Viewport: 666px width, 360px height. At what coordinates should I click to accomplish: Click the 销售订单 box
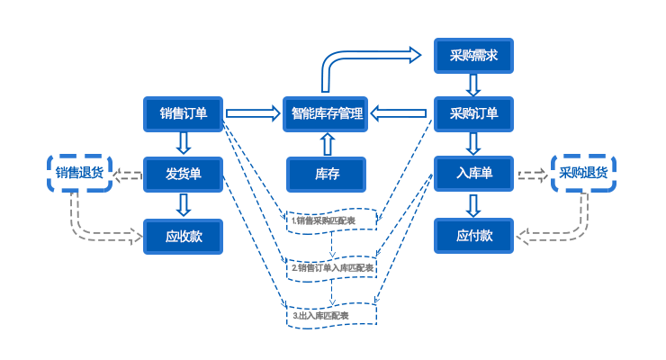(184, 113)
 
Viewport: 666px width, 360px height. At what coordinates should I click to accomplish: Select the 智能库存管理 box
(327, 113)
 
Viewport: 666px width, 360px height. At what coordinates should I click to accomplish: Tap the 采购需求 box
(473, 56)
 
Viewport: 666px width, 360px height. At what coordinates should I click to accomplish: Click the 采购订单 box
(473, 113)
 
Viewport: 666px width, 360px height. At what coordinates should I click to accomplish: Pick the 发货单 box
(184, 174)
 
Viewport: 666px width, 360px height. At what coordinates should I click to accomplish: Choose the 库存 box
(327, 174)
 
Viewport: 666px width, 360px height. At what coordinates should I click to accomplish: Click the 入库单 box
(473, 174)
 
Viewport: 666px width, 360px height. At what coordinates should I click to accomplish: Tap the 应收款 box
(184, 236)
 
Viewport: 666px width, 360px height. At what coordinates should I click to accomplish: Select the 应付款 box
(473, 236)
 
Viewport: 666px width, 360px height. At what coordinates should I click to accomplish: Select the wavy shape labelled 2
(332, 268)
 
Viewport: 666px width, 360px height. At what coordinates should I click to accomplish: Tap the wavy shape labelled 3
(332, 316)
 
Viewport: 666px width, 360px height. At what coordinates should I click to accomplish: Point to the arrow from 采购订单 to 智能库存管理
(400, 113)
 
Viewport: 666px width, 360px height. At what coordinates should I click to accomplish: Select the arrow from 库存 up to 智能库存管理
(327, 144)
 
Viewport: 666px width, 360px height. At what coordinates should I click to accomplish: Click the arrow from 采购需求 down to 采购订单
(473, 85)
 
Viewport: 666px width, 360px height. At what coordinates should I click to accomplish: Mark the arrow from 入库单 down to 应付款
(473, 205)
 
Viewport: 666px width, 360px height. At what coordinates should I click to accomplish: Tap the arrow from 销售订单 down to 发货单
(184, 143)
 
